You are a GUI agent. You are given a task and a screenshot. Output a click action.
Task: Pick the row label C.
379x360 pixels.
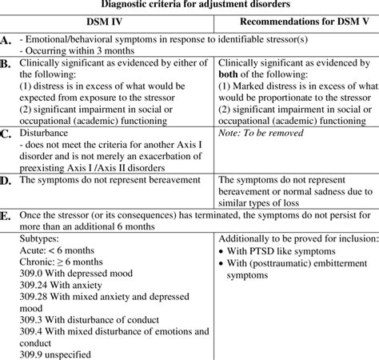coord(6,133)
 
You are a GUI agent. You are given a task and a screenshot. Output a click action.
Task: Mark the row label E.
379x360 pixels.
coord(6,216)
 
